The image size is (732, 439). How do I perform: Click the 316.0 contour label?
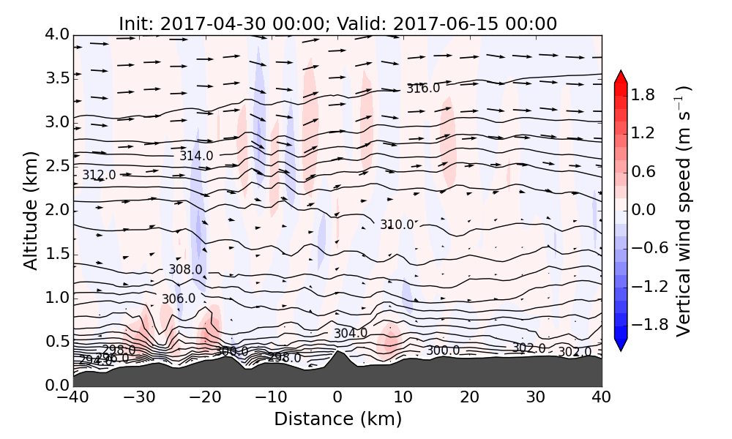pyautogui.click(x=423, y=89)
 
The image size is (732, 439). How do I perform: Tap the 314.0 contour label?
pyautogui.click(x=196, y=156)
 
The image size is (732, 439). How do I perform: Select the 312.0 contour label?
pyautogui.click(x=99, y=176)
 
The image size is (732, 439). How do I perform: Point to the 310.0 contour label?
pyautogui.click(x=397, y=225)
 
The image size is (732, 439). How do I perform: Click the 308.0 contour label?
pyautogui.click(x=185, y=269)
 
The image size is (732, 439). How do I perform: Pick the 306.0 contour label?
pyautogui.click(x=179, y=299)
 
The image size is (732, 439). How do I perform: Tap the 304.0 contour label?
pyautogui.click(x=351, y=334)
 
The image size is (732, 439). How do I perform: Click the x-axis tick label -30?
pyautogui.click(x=139, y=397)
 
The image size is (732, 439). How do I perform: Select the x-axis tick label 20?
pyautogui.click(x=469, y=397)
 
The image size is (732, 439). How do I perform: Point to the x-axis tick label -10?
pyautogui.click(x=271, y=397)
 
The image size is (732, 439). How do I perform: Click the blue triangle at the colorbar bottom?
pyautogui.click(x=621, y=345)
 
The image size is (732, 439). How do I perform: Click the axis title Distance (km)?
pyautogui.click(x=337, y=419)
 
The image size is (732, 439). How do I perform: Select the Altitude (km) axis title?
pyautogui.click(x=30, y=210)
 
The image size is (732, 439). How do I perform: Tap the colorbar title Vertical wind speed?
pyautogui.click(x=683, y=211)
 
